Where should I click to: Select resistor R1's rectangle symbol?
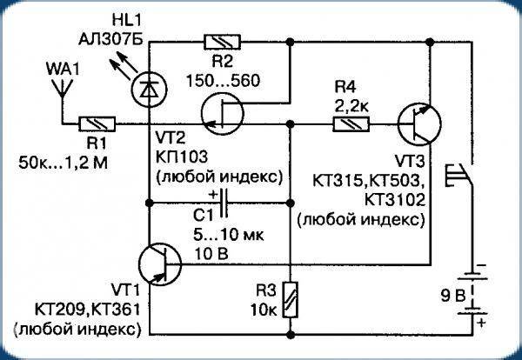[95, 123]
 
